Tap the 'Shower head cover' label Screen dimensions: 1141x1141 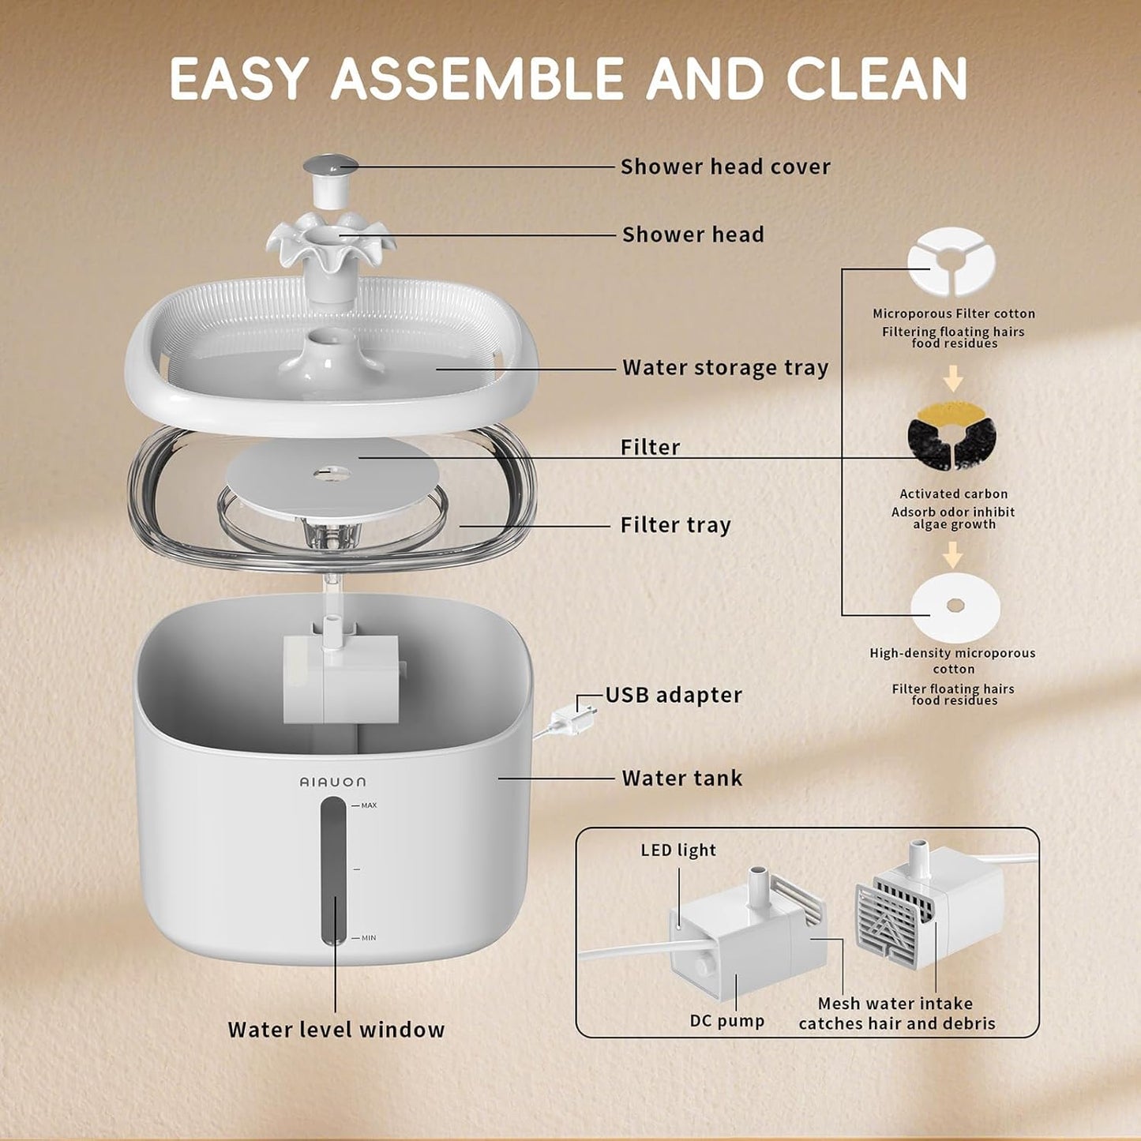coord(725,167)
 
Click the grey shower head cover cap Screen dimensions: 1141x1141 coord(330,167)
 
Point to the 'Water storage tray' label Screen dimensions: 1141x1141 coord(725,368)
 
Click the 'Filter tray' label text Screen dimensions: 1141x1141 coord(675,525)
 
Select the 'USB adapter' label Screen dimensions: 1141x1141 coord(674,695)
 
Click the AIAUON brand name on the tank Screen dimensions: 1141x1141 coord(332,782)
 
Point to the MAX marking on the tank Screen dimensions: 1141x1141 coord(368,805)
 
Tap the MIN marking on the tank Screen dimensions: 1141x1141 coord(368,938)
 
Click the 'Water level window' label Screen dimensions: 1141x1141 coord(336,1030)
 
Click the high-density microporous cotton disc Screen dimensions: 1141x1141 coord(955,607)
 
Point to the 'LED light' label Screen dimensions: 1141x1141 coord(677,850)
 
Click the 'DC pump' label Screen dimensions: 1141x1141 coord(726,1021)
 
